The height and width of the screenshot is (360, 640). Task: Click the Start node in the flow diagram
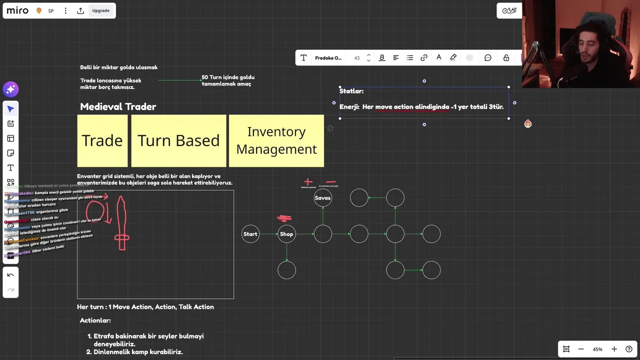coord(250,234)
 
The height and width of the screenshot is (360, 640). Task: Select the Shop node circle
coord(286,234)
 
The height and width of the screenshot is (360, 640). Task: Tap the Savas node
coord(323,198)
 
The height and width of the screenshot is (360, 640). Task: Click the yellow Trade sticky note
coord(102,140)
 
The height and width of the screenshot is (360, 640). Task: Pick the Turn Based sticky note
coord(178,140)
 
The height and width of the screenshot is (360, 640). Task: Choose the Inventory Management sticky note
coord(276,140)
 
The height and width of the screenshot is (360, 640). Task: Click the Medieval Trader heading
coord(118,106)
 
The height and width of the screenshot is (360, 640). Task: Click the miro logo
coord(17,10)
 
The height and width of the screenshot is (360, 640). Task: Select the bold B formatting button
coord(382,58)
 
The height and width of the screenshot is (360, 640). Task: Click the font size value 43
coord(357,58)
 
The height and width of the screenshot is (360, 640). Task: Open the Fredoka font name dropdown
coord(328,58)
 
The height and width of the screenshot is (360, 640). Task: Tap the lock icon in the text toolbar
coord(506,58)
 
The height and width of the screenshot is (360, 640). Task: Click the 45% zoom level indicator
coord(597,349)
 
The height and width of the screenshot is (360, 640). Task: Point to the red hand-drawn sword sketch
coord(121,223)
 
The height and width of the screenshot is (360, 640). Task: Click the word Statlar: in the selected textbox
coord(351,91)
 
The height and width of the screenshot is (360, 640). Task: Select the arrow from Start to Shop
coord(268,234)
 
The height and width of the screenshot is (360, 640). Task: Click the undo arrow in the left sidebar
coord(10,275)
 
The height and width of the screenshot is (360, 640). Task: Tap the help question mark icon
coord(629,349)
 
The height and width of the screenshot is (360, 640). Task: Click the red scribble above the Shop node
coord(284,218)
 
